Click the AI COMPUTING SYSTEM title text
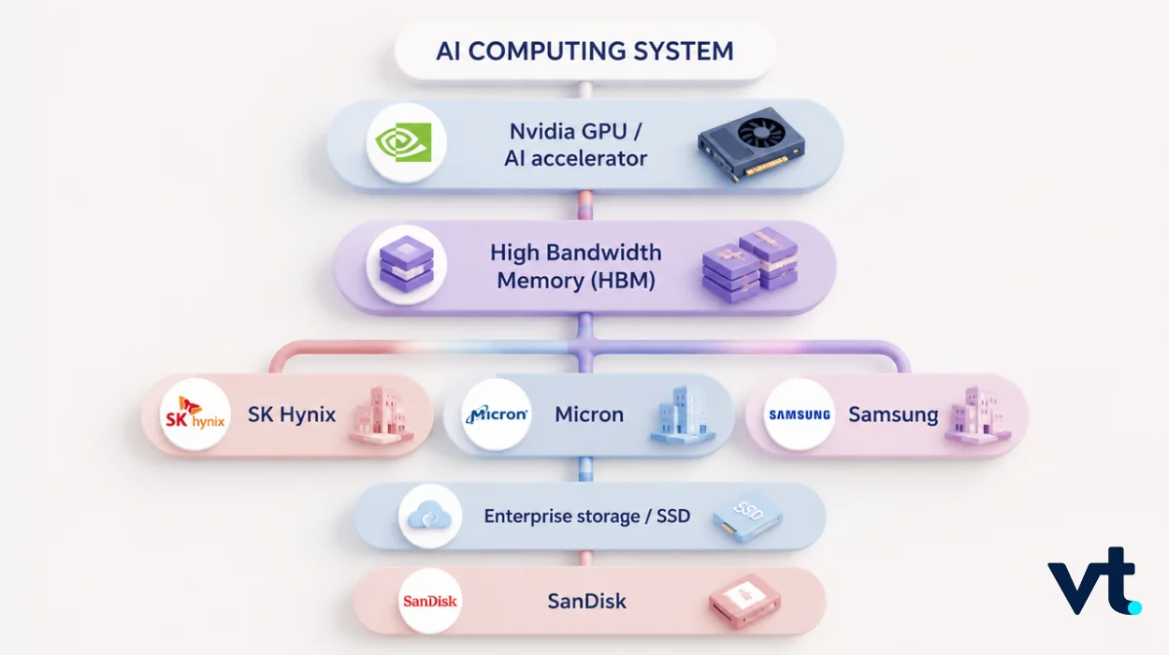pos(584,51)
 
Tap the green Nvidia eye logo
pos(403,142)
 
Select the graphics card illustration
pos(751,144)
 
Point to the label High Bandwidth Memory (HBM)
pos(576,267)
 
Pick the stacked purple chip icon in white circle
pos(406,264)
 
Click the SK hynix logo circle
pos(195,415)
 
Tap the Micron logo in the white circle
pos(497,415)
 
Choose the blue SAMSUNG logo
pos(800,415)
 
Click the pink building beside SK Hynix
pos(381,415)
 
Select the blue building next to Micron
pos(683,415)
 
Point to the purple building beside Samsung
pos(978,415)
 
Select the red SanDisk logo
pos(430,602)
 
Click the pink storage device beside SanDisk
pos(744,602)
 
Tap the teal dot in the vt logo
pos(1134,607)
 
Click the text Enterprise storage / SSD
pos(587,517)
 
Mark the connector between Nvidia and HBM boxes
pos(585,206)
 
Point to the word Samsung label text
pos(893,415)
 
